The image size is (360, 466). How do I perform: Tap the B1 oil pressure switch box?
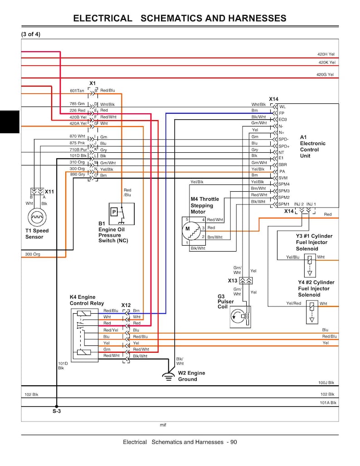point(122,214)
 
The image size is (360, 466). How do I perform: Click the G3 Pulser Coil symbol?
point(240,317)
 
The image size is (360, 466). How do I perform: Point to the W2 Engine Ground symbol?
point(169,377)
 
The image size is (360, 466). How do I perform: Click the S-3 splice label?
point(57,411)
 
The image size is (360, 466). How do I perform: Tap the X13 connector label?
point(233,281)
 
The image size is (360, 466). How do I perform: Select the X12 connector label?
point(126,305)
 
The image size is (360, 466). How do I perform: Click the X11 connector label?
point(49,192)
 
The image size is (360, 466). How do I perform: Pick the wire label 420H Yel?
point(326,54)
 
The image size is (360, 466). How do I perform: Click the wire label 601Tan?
point(77,91)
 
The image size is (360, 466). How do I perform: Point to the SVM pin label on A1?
point(283,178)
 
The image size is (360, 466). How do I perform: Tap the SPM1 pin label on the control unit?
point(284,204)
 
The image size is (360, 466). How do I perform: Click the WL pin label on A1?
point(282,107)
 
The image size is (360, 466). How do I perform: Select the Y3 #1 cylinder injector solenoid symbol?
point(310,265)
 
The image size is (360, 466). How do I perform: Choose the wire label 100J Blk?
point(326,383)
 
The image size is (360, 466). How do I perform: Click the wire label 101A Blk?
point(328,403)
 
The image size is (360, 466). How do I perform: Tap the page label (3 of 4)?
point(31,34)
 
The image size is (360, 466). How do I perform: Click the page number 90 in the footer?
point(234,442)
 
